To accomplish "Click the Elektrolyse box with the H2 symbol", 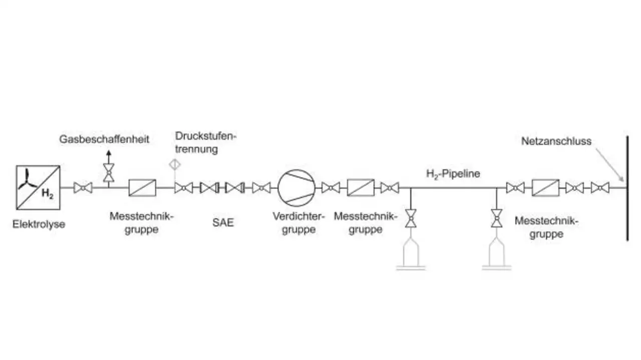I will click(x=38, y=187).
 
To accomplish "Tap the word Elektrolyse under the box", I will click(x=39, y=224).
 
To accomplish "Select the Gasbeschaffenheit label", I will click(x=104, y=139).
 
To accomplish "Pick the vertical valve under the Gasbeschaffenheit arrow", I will click(x=108, y=172).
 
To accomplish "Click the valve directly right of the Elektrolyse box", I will click(x=83, y=188).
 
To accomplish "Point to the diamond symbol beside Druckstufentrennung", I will click(x=174, y=164).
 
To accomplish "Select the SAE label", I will click(x=222, y=223).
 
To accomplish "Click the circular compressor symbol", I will click(x=297, y=188).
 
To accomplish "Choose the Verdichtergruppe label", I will click(x=298, y=223).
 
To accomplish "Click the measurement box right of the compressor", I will click(x=361, y=188).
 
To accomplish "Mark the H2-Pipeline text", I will click(x=453, y=174).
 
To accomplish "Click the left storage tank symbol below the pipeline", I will click(x=411, y=253).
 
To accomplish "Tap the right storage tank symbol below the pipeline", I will click(x=497, y=253).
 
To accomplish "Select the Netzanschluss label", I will click(x=556, y=141).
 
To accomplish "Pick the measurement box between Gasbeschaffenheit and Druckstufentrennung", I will click(x=142, y=188).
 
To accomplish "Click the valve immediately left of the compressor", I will click(x=261, y=188).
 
